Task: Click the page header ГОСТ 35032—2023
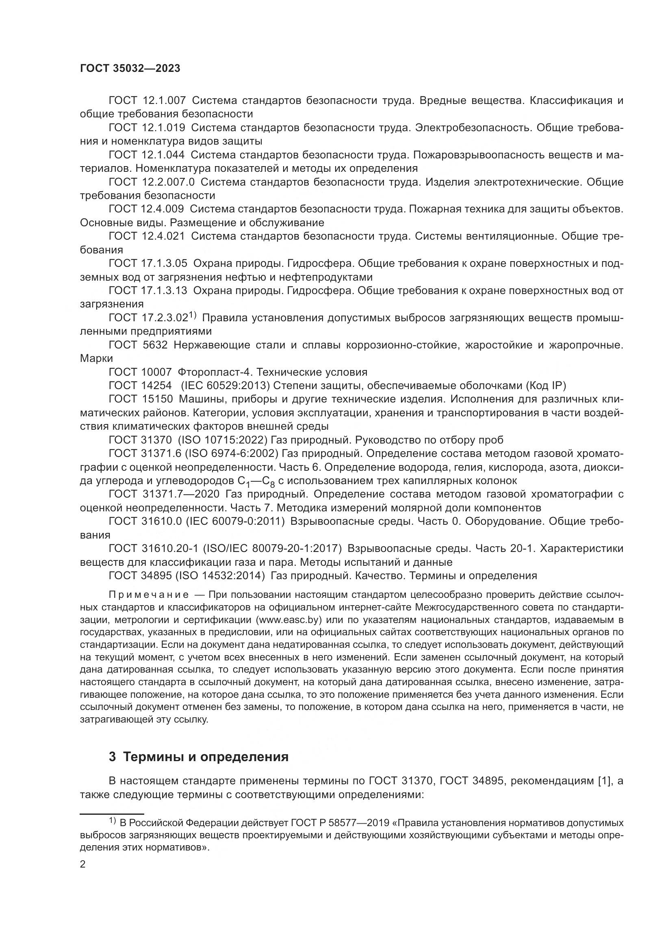click(130, 69)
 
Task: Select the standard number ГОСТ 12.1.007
click(147, 101)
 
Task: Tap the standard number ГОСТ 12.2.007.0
click(152, 182)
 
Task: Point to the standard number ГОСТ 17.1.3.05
click(148, 264)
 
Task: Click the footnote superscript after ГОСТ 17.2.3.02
click(193, 315)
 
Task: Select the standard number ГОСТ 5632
click(138, 345)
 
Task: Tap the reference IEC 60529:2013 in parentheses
click(225, 385)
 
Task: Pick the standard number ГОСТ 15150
click(140, 399)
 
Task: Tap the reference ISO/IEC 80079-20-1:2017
click(272, 549)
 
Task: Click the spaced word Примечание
click(149, 595)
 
